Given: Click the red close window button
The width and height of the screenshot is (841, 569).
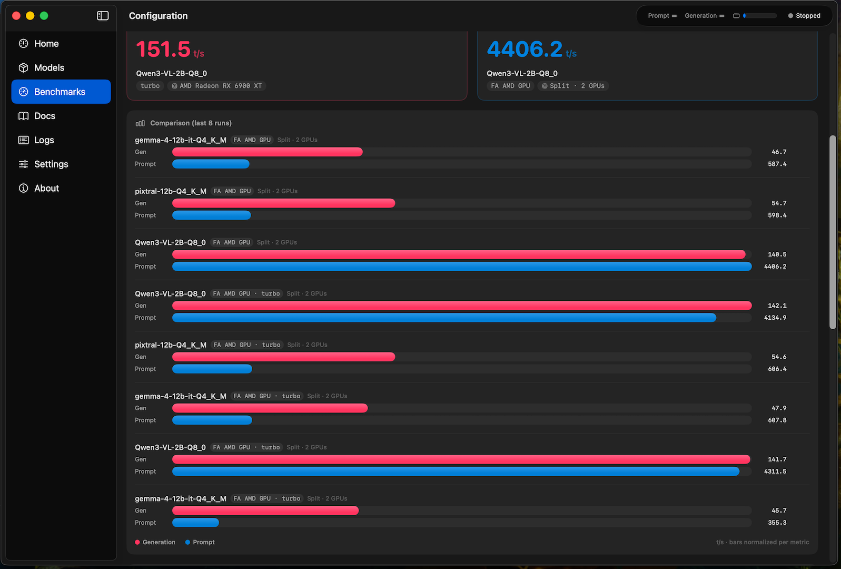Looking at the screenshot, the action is pos(16,16).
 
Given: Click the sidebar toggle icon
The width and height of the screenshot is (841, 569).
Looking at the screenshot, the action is pos(103,16).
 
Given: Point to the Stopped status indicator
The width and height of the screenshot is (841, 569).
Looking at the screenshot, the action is pos(804,16).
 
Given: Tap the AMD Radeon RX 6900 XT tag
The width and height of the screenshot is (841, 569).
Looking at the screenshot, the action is pos(216,86).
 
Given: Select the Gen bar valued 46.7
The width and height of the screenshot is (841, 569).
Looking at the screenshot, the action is pos(268,152).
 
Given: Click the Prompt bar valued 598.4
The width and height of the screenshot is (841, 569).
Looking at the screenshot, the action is pos(211,215).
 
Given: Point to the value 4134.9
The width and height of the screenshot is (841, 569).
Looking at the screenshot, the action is pos(775,318).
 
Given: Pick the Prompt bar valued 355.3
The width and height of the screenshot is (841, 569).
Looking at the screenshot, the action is pos(195,523).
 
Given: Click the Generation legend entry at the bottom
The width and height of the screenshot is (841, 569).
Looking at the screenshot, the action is pos(155,542).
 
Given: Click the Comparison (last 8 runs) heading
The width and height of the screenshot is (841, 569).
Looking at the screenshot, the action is pos(191,123).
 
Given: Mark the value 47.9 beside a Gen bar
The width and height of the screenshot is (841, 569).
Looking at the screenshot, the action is pos(779,408).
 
